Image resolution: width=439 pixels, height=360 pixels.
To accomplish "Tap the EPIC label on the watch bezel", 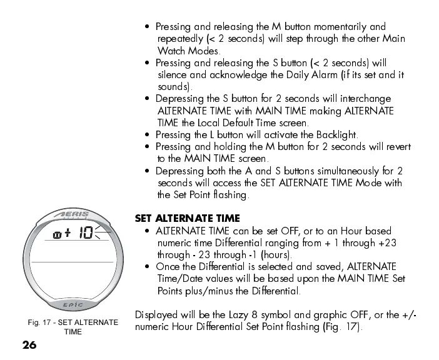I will coord(73,305).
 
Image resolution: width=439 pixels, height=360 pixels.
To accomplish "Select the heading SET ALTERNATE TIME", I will coord(187,219).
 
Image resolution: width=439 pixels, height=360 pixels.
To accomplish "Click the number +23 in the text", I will coord(386,242).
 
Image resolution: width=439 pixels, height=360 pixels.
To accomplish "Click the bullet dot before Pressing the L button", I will coord(146,135).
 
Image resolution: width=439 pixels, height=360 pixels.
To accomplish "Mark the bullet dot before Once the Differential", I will coord(146,267).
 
